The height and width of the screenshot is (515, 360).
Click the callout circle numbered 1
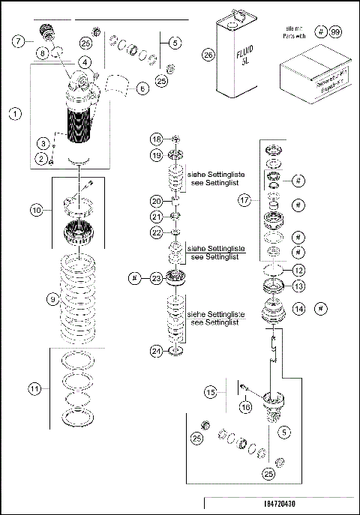click(13, 115)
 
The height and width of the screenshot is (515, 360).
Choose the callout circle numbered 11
click(34, 388)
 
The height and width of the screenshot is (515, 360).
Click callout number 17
click(244, 200)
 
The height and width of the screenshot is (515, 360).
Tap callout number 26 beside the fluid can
click(209, 52)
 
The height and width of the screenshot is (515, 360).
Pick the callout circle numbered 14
click(299, 307)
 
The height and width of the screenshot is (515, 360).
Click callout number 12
click(298, 271)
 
